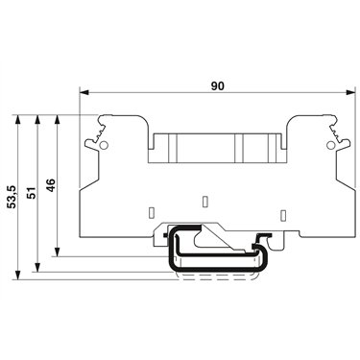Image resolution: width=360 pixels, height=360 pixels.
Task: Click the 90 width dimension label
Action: [218, 85]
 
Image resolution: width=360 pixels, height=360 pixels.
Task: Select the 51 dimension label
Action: [32, 193]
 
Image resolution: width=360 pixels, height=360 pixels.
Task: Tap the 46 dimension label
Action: [51, 185]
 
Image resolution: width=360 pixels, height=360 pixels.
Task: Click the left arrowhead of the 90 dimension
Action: [84, 92]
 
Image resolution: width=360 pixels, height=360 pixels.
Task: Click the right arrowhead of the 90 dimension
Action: [351, 92]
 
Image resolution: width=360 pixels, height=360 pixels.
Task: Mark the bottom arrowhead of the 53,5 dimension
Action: [18, 275]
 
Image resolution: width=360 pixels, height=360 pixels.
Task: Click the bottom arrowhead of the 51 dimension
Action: [37, 268]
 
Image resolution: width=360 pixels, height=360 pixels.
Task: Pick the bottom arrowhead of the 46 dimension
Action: [58, 252]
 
